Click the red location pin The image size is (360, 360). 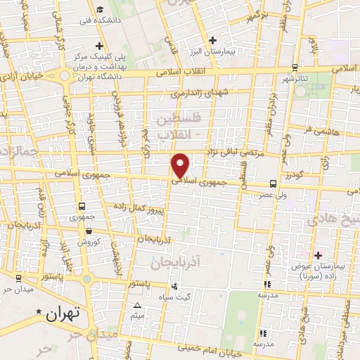click(181, 165)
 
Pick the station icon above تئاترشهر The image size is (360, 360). click(293, 69)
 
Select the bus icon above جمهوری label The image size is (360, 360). click(82, 206)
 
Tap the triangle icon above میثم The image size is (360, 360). click(138, 304)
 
